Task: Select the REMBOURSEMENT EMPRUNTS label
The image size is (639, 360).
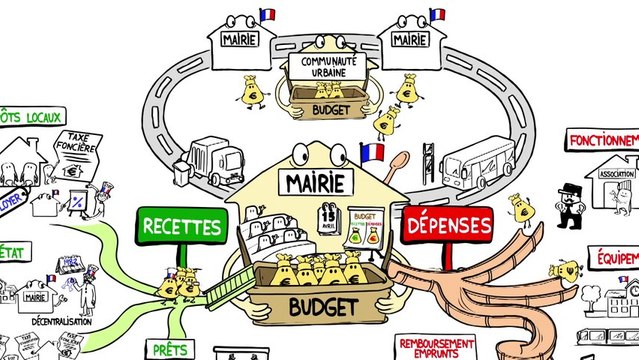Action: pos(436,346)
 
